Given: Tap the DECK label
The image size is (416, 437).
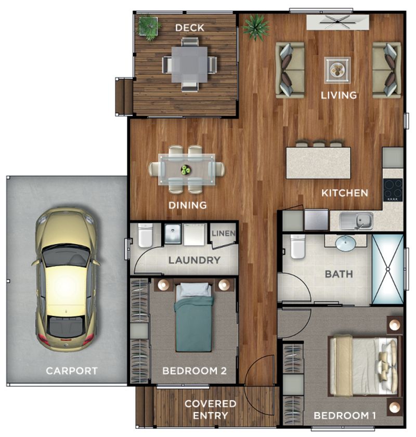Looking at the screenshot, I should pos(189,28).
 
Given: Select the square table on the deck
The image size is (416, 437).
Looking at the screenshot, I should pos(189,64).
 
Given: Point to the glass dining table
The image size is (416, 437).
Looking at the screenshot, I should pos(187,169).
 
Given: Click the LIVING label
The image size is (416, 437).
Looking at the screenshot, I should pos(339,95).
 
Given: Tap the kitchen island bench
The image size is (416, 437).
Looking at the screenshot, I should pos(318,163).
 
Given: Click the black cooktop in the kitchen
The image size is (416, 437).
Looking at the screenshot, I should pos(393,189).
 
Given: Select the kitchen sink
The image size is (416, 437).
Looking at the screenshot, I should pos(356,220).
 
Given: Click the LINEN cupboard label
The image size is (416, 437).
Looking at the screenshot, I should pos(224,233).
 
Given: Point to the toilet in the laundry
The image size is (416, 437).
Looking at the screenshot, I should pos(146,236).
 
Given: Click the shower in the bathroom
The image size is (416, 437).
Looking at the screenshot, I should pos(388,269).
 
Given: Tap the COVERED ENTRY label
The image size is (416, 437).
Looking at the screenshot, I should pos(210,409).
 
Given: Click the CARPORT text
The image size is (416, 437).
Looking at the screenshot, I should pos(71,371).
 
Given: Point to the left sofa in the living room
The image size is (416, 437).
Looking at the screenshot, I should pos(289,70).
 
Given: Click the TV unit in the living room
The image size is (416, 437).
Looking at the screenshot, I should pos(337,22).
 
